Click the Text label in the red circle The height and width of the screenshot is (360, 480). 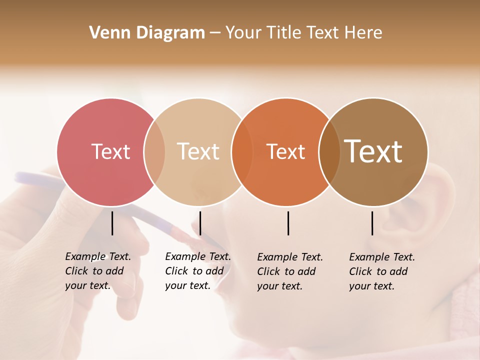110,151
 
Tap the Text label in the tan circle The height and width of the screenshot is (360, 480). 198,151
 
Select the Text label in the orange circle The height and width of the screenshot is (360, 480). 285,151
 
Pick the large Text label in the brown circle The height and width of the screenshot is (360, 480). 373,151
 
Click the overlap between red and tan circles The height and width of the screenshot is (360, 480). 154,151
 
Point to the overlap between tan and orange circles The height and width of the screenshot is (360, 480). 242,151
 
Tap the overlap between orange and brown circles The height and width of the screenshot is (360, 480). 329,151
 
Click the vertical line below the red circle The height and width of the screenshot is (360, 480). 112,223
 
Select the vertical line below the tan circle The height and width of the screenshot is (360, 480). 200,223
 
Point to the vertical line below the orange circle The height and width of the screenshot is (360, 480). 288,223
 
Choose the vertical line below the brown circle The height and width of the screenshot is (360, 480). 372,223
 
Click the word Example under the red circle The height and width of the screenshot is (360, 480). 85,256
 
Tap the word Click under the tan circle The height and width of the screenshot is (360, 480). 176,271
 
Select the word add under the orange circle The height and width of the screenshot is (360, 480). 306,271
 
